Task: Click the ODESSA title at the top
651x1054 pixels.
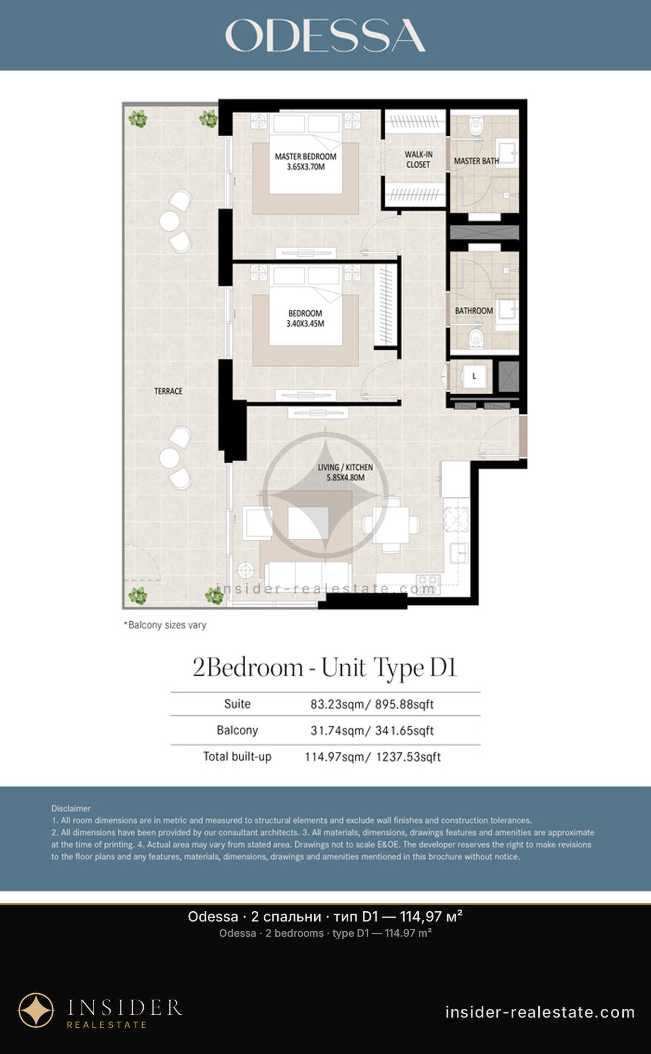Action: click(x=325, y=36)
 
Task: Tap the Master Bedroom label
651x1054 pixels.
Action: click(x=305, y=156)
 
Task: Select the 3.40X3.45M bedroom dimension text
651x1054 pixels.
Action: click(x=305, y=324)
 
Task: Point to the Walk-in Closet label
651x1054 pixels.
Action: click(x=418, y=160)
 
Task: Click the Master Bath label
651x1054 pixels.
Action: click(x=476, y=161)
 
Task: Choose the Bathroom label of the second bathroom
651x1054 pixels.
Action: click(x=474, y=311)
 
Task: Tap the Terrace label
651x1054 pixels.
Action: click(x=168, y=391)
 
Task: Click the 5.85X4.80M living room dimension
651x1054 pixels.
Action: click(x=346, y=478)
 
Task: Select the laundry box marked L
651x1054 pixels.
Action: click(x=474, y=376)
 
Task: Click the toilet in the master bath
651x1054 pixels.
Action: click(x=476, y=127)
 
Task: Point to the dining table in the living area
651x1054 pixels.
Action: click(x=391, y=525)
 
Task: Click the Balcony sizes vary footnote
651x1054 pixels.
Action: click(x=165, y=625)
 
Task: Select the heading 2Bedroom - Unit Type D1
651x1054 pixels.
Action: click(x=325, y=667)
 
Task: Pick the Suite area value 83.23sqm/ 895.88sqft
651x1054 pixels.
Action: click(x=372, y=704)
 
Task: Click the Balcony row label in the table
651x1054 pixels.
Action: click(x=237, y=730)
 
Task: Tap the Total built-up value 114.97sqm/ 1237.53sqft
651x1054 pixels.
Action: click(x=373, y=757)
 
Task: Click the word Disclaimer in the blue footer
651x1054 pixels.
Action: click(x=71, y=809)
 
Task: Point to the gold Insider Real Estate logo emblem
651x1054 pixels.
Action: click(x=36, y=1011)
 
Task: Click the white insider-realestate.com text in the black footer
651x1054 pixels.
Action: click(x=540, y=1012)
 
